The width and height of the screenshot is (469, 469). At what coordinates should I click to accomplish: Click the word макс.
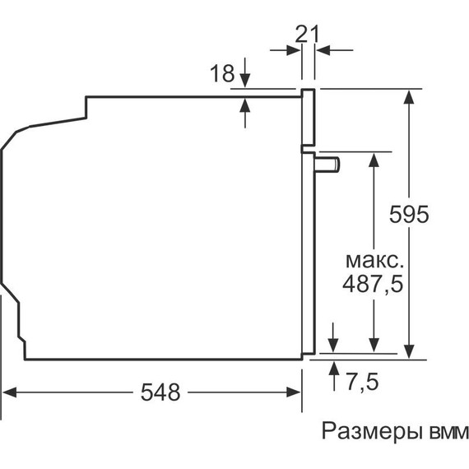click(374, 261)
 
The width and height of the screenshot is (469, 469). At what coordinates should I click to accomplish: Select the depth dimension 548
click(160, 393)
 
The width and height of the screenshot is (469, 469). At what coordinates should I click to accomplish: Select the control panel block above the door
click(309, 119)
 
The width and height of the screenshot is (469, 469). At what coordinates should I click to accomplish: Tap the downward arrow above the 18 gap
click(245, 82)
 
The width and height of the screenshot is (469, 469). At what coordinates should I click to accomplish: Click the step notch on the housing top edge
click(86, 106)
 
